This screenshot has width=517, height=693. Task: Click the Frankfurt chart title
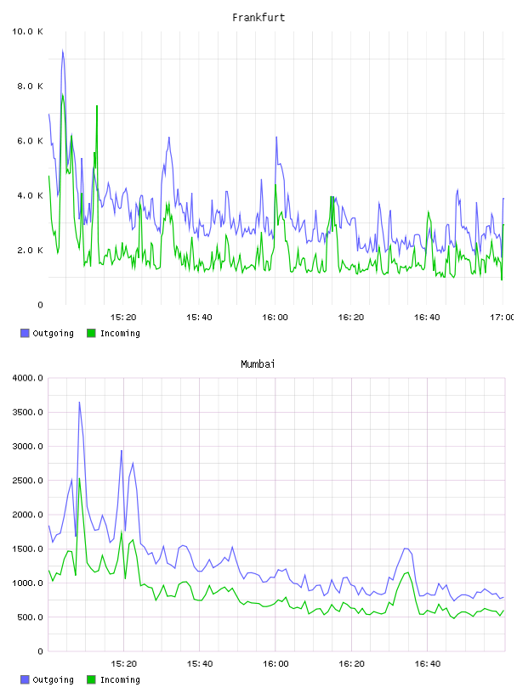coord(258,18)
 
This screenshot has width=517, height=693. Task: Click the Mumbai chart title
coord(258,364)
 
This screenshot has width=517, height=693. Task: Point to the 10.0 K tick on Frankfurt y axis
coord(27,31)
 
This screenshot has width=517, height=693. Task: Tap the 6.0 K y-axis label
coord(30,141)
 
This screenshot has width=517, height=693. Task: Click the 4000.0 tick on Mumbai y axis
coord(27,378)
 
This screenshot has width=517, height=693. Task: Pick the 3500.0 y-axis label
coord(27,413)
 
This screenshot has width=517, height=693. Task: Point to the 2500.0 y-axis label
coord(27,481)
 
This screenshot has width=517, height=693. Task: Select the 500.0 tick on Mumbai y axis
coord(30,617)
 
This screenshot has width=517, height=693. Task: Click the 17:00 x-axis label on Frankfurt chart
coord(503,318)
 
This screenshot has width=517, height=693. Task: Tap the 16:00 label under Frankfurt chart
coord(275,318)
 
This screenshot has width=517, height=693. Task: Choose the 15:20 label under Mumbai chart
coord(123,664)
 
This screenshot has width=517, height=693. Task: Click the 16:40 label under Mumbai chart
coord(427,664)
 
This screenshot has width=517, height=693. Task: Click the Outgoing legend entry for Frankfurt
coord(48,333)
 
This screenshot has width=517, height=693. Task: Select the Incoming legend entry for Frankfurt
coord(114,333)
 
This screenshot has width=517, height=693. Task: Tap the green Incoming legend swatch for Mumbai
coord(91,679)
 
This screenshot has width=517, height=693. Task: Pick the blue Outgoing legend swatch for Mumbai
coord(25,679)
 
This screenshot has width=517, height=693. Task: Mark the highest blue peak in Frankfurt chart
coord(63,51)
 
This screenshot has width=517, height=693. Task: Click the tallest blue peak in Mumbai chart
coord(79,403)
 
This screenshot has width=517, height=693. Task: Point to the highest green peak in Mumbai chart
coord(79,478)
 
